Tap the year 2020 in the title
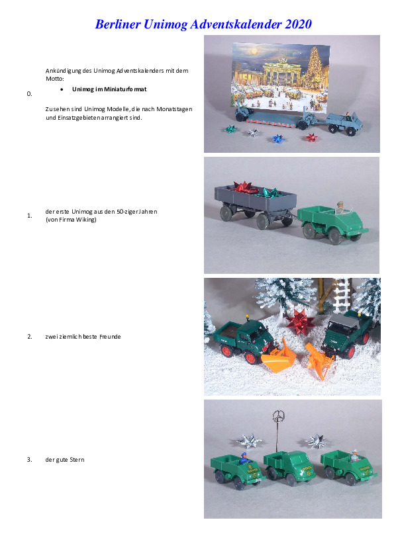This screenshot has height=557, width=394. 299,24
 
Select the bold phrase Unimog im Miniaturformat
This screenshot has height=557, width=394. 109,89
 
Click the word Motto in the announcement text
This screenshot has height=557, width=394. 55,79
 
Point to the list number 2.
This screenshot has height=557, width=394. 30,337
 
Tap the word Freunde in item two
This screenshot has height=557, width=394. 110,337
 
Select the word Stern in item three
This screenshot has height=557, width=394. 77,460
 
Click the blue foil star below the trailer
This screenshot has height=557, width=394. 278,138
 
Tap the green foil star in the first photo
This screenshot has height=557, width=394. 230,129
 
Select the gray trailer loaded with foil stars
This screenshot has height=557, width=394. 255,205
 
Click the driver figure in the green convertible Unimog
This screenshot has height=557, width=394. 340,207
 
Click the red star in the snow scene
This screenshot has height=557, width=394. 300,322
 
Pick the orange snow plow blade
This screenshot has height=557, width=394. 278,357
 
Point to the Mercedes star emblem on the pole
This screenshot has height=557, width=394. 279,415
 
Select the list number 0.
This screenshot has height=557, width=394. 30,94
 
